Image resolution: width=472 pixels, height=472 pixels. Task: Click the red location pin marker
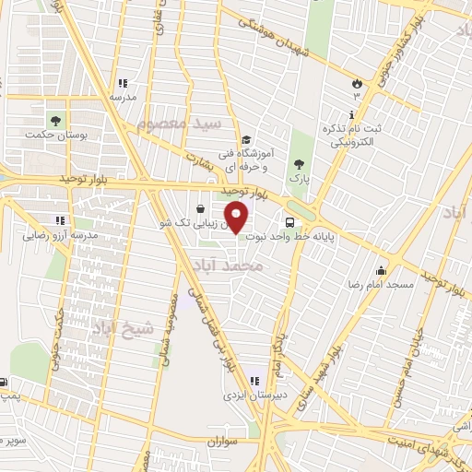point(237,219)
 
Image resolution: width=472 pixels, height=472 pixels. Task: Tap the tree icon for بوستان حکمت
point(55,121)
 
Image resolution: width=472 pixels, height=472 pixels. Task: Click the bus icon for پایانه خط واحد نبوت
point(290,222)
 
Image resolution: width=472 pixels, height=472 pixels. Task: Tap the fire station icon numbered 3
point(357,84)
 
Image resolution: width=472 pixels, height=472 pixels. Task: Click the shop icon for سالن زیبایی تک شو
point(201,209)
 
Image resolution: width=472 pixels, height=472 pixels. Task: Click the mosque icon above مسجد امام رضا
point(382,270)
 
